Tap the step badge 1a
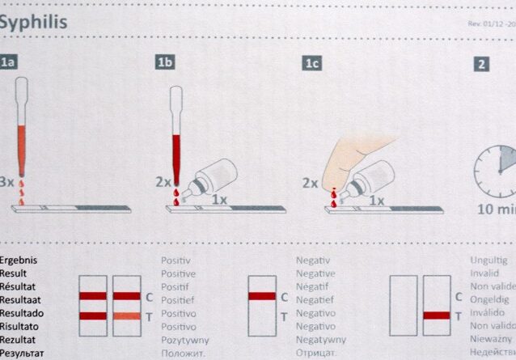[x=8, y=62]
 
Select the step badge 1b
[x=166, y=62]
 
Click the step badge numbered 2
[x=481, y=63]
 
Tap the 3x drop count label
[x=7, y=182]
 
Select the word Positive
[x=180, y=273]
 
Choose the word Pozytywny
[x=186, y=340]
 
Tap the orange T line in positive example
[x=126, y=316]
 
